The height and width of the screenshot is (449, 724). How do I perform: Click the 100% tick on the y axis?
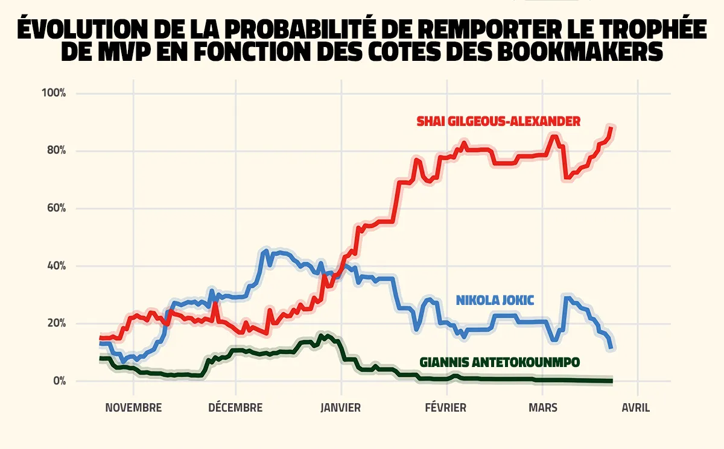click(53, 93)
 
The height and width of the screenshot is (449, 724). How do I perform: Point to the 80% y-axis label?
click(55, 151)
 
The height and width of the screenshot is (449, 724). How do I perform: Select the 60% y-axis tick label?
click(55, 209)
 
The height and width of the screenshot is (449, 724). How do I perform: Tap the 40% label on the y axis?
click(55, 266)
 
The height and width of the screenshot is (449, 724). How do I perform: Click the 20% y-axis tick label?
click(55, 324)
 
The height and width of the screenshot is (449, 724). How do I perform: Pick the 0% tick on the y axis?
click(58, 381)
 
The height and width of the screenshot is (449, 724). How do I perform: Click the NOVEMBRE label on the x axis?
click(133, 408)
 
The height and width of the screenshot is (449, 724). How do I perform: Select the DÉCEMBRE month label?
click(235, 408)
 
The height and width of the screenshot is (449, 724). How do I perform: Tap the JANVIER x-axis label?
click(341, 408)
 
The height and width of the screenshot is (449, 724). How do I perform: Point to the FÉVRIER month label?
click(445, 408)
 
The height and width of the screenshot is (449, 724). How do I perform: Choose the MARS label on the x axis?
click(543, 408)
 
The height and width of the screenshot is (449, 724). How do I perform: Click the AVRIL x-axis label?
click(637, 408)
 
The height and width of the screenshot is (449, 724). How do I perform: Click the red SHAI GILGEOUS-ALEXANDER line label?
click(498, 122)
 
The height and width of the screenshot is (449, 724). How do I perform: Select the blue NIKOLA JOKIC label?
click(495, 300)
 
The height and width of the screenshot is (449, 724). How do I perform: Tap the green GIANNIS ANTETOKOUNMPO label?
click(500, 362)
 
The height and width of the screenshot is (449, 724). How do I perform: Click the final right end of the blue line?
click(612, 347)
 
